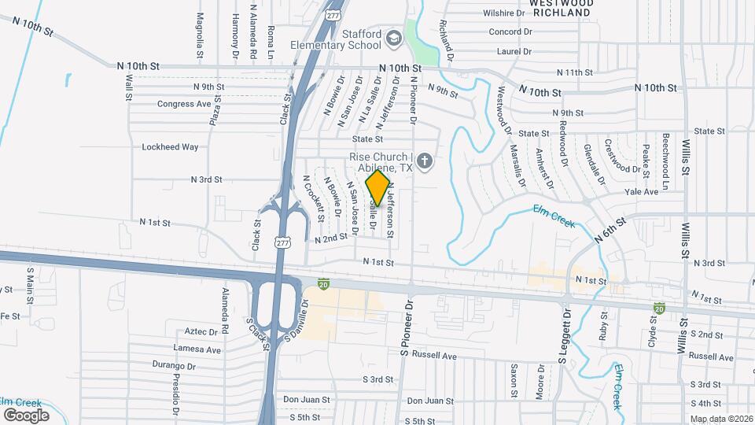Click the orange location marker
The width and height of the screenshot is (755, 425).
(x=377, y=188)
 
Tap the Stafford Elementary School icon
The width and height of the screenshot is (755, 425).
(x=394, y=38)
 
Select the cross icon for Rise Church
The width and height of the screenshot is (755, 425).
(x=425, y=162)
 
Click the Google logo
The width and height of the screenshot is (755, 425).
(x=26, y=415)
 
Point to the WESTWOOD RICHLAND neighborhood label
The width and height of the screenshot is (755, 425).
(x=560, y=8)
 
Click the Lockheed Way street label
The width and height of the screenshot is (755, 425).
(x=170, y=146)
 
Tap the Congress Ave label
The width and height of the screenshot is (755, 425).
(x=184, y=103)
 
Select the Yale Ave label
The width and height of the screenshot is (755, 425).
(x=641, y=192)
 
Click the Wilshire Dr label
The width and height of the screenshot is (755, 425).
(x=504, y=13)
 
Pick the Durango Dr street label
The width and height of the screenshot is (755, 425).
(x=174, y=365)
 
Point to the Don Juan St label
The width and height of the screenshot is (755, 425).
(x=306, y=399)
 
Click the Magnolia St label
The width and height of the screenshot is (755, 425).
(x=201, y=29)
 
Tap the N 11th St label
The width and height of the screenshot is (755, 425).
(x=574, y=72)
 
